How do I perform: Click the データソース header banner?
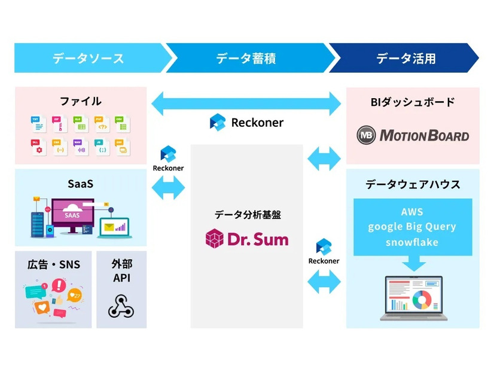[88, 58]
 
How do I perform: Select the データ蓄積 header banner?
[246, 58]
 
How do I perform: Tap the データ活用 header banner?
[405, 58]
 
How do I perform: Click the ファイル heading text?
[81, 101]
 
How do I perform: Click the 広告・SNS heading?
[53, 264]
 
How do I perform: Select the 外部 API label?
[121, 270]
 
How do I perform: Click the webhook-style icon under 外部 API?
[121, 305]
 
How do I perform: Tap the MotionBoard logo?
[413, 135]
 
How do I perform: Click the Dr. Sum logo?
[246, 239]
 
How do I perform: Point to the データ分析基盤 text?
[247, 214]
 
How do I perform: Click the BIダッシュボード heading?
[413, 102]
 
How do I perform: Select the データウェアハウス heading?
[413, 184]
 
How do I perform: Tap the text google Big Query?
[412, 227]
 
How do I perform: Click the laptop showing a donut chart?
[413, 297]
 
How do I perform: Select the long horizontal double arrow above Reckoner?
[246, 102]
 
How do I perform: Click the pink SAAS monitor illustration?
[72, 214]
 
